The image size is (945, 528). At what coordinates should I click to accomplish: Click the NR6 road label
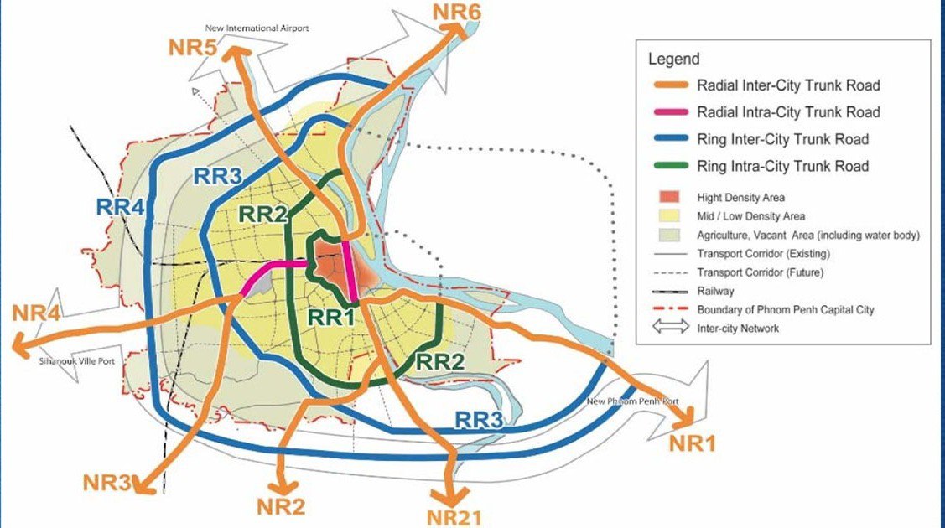(458, 12)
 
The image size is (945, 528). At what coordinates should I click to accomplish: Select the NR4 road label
(36, 313)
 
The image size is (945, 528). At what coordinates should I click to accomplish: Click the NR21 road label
(454, 516)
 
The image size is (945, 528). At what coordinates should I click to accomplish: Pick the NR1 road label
(693, 443)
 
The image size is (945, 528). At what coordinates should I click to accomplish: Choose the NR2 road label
(281, 506)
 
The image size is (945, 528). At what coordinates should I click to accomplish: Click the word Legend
(673, 60)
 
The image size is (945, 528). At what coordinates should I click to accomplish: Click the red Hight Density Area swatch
(668, 198)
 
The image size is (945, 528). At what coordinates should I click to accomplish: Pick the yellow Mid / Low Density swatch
(668, 216)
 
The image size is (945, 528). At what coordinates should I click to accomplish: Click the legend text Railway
(715, 291)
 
